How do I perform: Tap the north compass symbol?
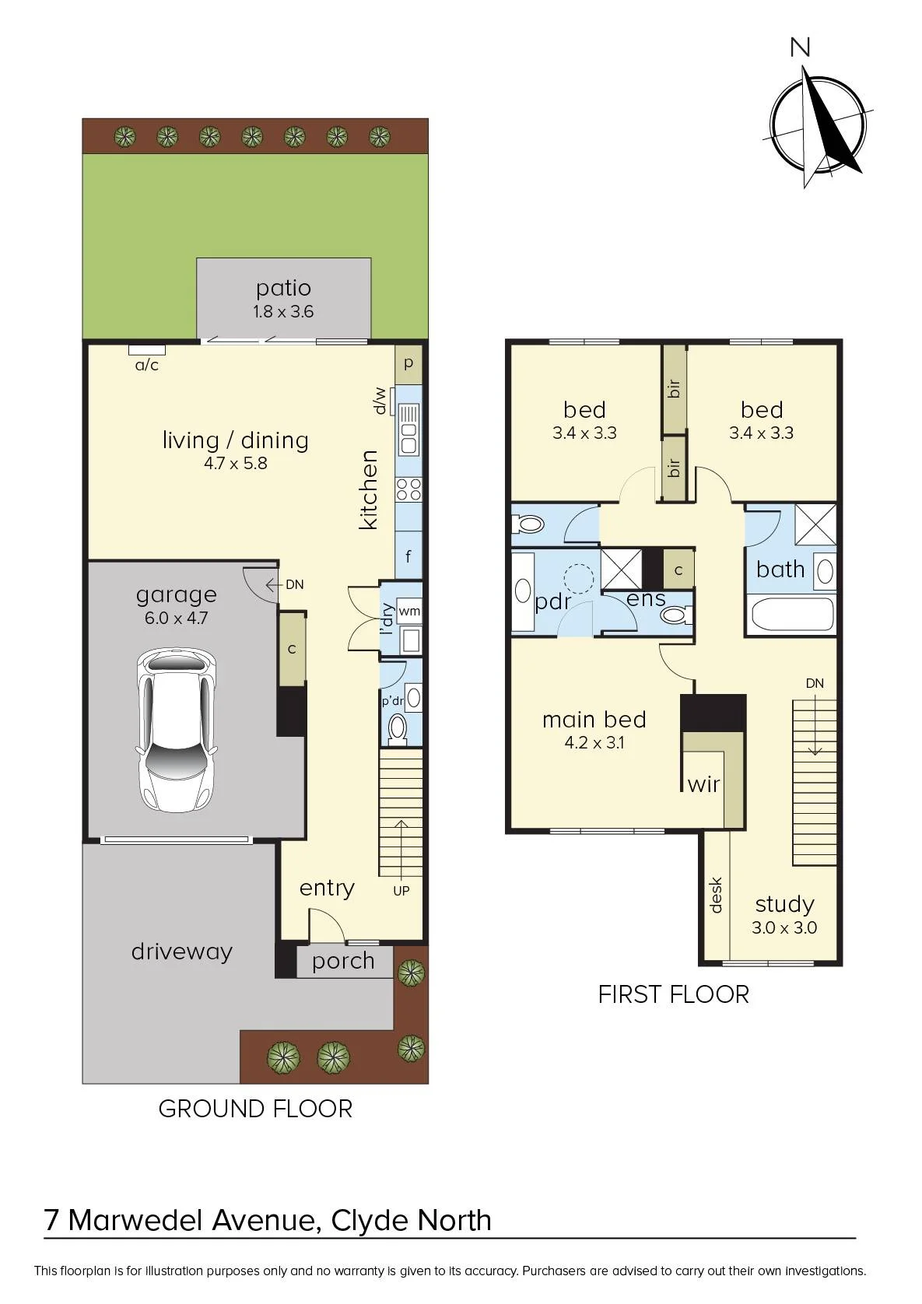coord(818,125)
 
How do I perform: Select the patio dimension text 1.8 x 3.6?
coord(283,311)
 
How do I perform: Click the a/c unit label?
coord(147,365)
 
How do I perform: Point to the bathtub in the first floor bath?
coord(792,614)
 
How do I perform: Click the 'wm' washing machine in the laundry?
coord(408,612)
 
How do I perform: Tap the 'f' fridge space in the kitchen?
coord(408,556)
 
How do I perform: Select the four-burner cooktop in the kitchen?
coord(408,489)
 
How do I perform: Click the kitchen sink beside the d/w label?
coord(408,430)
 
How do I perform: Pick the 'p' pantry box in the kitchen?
coord(408,364)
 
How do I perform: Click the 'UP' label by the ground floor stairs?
coord(401,890)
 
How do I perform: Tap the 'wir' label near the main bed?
coord(703,784)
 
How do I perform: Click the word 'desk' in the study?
coord(716,895)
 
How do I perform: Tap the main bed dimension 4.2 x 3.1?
coord(594,743)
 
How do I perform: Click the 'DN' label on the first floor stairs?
coord(815,683)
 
